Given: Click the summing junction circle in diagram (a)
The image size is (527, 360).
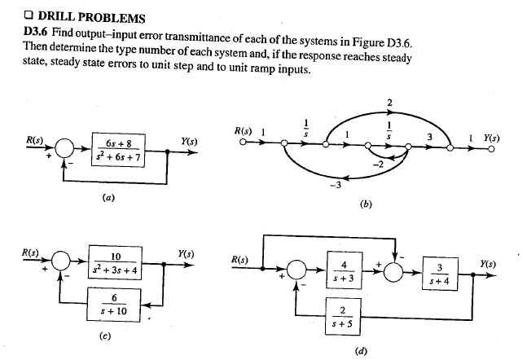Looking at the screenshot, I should (64, 151).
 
